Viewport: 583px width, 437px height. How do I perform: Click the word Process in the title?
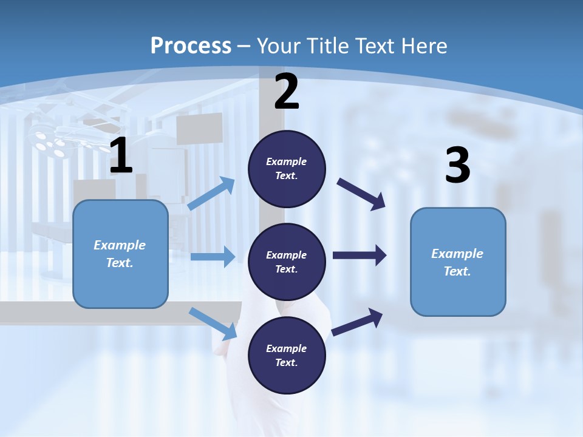[x=191, y=46]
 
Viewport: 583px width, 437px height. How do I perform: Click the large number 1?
[x=121, y=156]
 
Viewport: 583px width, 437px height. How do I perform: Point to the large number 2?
[x=287, y=92]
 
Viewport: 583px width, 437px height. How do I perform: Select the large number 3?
[x=457, y=166]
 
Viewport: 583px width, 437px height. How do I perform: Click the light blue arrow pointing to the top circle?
[x=212, y=194]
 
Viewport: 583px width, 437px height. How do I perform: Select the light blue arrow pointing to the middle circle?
[x=213, y=257]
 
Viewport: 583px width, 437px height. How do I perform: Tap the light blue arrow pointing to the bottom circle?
[x=213, y=324]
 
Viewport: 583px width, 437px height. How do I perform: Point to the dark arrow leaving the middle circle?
[x=360, y=256]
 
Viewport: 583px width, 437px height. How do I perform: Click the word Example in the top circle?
[x=287, y=161]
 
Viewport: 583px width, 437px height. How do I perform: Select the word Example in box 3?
[x=457, y=254]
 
